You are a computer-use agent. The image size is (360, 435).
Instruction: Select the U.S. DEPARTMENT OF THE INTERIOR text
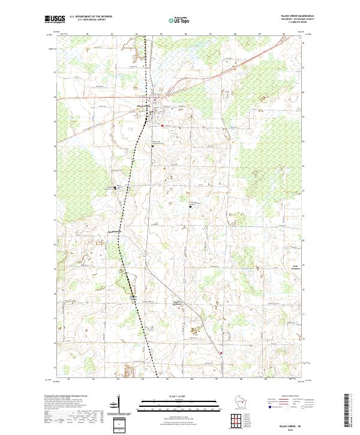[90, 17]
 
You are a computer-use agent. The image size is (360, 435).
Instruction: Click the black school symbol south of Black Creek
[153, 146]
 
